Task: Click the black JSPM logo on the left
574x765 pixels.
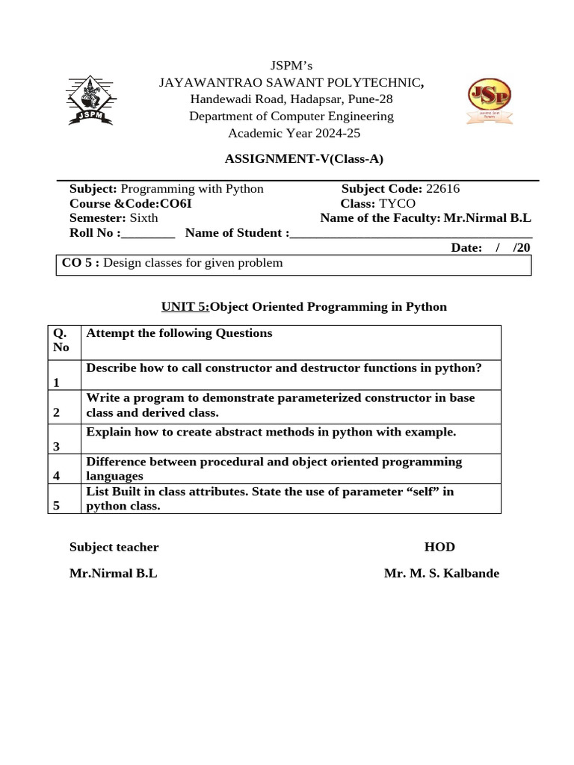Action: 90,100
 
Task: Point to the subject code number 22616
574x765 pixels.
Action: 442,189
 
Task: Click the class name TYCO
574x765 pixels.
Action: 397,203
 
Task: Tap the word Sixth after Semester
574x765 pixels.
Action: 144,217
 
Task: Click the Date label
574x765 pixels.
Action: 466,248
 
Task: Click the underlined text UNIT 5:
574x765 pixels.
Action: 185,307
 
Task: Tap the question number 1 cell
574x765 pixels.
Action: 56,382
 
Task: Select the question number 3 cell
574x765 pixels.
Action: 56,446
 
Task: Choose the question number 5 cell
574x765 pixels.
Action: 56,506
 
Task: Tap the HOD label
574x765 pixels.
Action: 439,547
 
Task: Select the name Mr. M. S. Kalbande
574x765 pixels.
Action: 441,574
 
